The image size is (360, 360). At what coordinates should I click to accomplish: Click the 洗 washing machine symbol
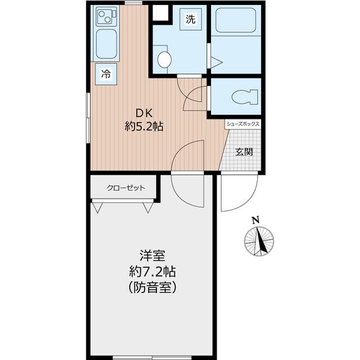click(x=191, y=19)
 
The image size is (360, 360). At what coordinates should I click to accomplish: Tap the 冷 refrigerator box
click(x=106, y=74)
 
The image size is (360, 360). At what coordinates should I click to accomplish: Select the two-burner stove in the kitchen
click(x=106, y=16)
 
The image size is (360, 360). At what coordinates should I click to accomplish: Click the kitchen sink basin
click(x=106, y=44)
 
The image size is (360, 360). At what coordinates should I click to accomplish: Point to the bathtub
click(x=236, y=20)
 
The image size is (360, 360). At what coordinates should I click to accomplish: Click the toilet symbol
click(x=245, y=96)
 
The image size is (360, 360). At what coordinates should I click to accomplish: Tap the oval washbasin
click(x=164, y=60)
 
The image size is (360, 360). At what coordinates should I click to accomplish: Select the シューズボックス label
click(x=243, y=124)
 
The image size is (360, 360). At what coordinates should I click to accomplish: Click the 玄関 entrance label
click(x=244, y=152)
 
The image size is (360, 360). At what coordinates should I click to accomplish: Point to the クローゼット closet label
click(x=126, y=188)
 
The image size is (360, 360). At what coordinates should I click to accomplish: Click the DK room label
click(x=144, y=113)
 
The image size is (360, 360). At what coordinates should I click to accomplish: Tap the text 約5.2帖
click(x=144, y=126)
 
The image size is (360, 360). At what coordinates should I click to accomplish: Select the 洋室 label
click(x=152, y=255)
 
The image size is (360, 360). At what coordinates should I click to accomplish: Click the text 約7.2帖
click(x=152, y=272)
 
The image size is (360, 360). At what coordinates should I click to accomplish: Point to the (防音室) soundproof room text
click(x=152, y=287)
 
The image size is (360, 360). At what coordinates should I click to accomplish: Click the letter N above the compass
click(x=256, y=220)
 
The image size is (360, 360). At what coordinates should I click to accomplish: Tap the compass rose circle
click(x=259, y=241)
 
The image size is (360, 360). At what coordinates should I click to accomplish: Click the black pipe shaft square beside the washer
click(x=161, y=12)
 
